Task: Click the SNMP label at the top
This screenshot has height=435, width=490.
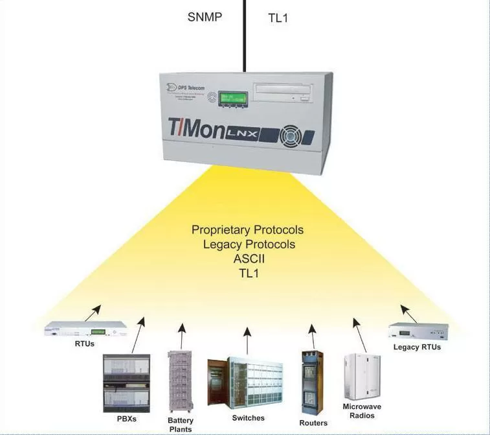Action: click(x=205, y=17)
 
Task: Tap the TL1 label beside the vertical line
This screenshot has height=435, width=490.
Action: click(x=278, y=18)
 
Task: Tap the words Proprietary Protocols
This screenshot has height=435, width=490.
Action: click(x=247, y=230)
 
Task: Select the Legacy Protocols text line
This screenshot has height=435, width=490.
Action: click(x=249, y=244)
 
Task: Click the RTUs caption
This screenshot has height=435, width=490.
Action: click(x=85, y=343)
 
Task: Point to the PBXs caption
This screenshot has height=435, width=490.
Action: click(x=127, y=417)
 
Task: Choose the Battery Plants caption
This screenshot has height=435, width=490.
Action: click(x=181, y=425)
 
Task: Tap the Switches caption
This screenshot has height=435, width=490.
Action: click(x=248, y=418)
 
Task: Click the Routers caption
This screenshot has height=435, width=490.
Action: click(x=313, y=423)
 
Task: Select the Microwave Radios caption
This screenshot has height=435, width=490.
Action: click(x=362, y=411)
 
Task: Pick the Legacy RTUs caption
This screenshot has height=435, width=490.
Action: click(x=417, y=347)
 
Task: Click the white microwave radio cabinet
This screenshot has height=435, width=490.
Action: click(x=362, y=376)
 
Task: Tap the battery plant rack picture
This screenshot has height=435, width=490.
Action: click(x=181, y=382)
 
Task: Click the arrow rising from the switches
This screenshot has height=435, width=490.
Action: click(x=248, y=340)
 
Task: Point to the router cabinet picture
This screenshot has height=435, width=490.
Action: click(x=313, y=382)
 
